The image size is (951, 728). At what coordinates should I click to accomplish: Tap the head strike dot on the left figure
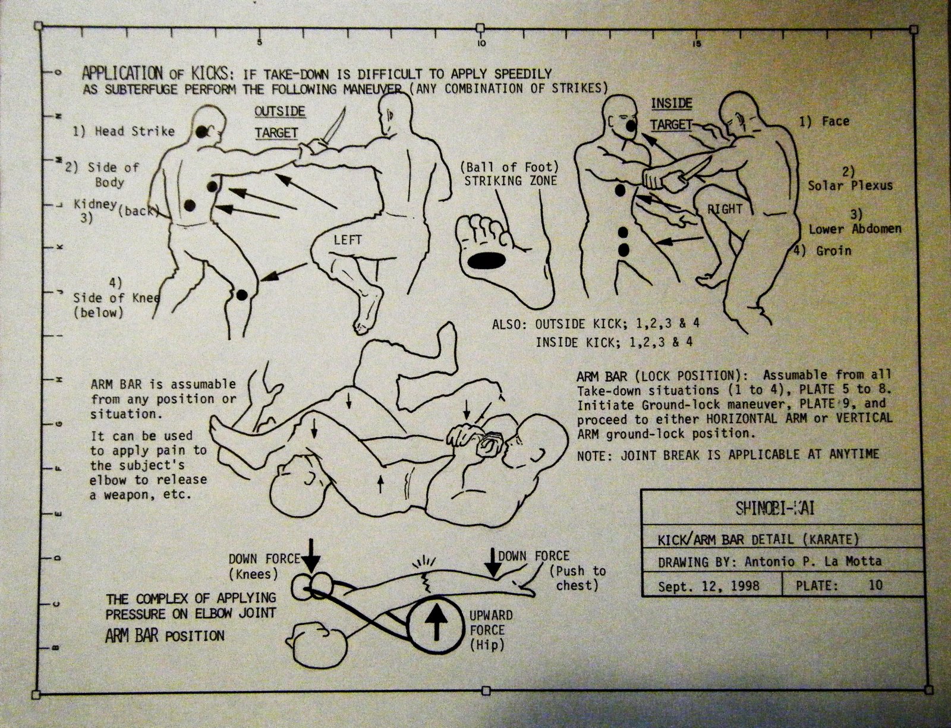(201, 132)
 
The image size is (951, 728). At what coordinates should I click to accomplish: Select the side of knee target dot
(241, 295)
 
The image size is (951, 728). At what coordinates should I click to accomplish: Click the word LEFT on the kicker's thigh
(348, 239)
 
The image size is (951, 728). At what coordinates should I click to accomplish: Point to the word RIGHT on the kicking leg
(725, 209)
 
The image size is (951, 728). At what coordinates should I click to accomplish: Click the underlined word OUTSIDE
(280, 112)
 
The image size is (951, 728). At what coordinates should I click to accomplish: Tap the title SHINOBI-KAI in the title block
(774, 508)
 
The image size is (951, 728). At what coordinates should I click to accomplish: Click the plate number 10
(876, 585)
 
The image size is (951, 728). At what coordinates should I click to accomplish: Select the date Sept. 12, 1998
(709, 586)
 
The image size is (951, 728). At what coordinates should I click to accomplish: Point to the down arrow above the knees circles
(311, 556)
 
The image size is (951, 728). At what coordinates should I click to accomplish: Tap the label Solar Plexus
(850, 185)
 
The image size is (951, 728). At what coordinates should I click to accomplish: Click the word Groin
(834, 251)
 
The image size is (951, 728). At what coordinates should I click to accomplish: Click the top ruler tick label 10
(481, 43)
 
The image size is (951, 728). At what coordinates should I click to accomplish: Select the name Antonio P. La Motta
(813, 562)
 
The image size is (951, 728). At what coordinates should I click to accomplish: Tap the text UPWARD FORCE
(490, 623)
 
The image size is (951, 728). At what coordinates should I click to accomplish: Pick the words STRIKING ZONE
(511, 181)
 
